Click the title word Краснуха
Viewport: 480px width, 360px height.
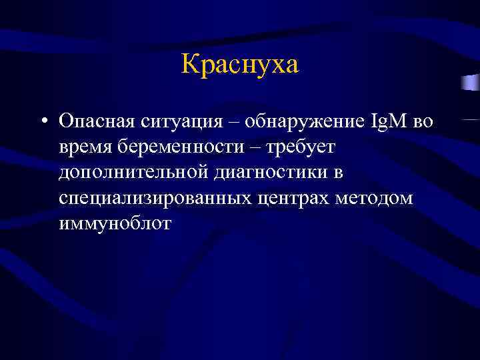[x=240, y=65]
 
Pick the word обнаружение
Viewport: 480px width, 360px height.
[x=304, y=123]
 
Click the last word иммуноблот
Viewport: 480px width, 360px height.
[x=115, y=224]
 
